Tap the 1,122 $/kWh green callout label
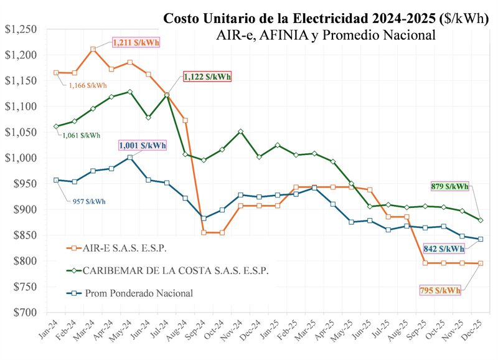coord(207,77)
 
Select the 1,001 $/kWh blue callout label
coord(143,146)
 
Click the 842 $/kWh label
coord(444,248)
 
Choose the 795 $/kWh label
coord(440,290)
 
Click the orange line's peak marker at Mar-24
coord(93,49)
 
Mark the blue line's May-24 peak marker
coord(129,158)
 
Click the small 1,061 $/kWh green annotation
coord(82,135)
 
